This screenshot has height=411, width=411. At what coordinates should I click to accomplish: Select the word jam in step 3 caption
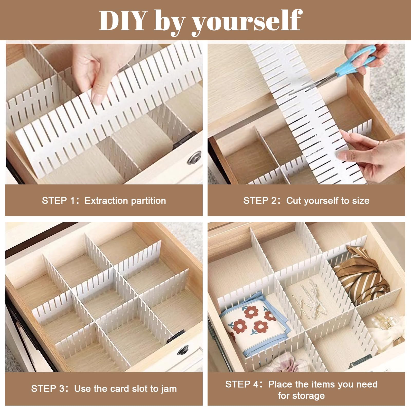coord(169,389)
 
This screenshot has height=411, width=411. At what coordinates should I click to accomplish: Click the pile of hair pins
coord(311,301)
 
